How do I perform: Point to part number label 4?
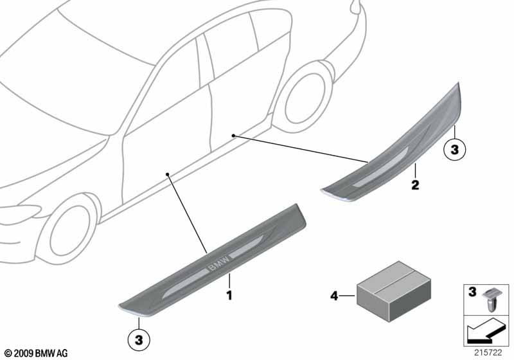[334, 296]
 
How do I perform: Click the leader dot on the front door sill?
[167, 174]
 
